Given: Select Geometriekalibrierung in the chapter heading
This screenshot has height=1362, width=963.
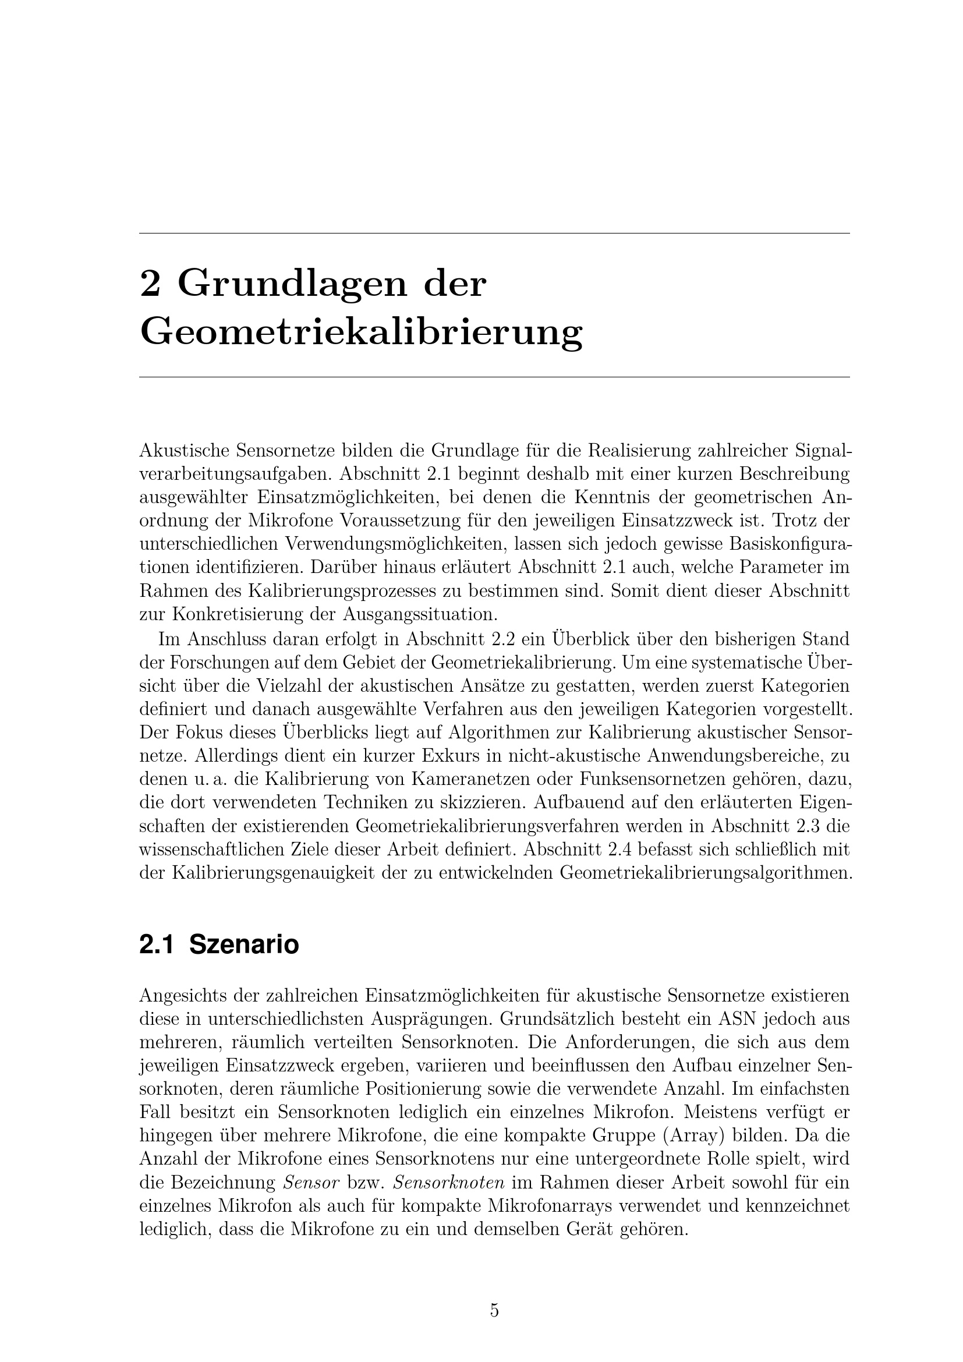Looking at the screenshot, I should [361, 333].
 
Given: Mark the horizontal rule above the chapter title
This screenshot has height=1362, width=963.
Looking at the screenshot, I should [494, 234].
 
